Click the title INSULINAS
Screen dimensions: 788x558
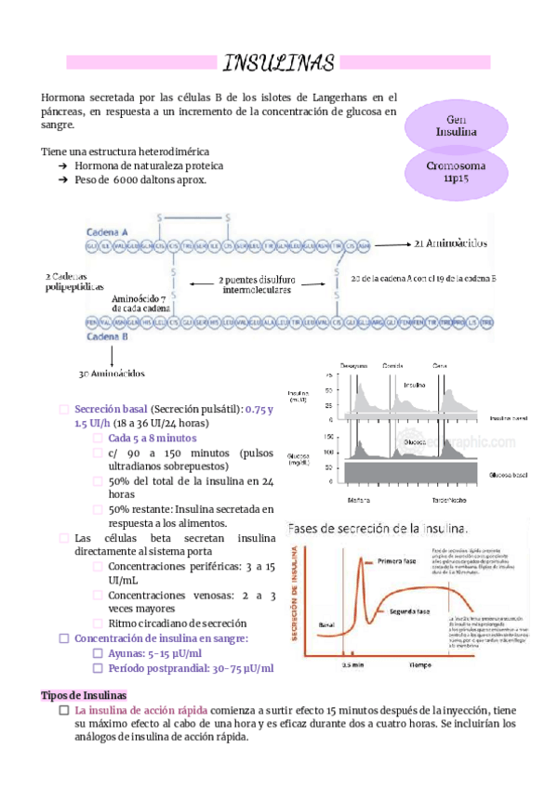278,63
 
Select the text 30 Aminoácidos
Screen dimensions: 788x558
111,373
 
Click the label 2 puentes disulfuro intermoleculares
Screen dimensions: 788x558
257,284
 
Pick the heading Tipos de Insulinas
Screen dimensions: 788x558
85,696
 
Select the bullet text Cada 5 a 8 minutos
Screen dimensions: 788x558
152,438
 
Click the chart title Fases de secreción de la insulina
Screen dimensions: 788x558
378,528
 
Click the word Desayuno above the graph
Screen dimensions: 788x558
354,365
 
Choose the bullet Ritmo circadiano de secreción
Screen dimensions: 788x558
177,624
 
